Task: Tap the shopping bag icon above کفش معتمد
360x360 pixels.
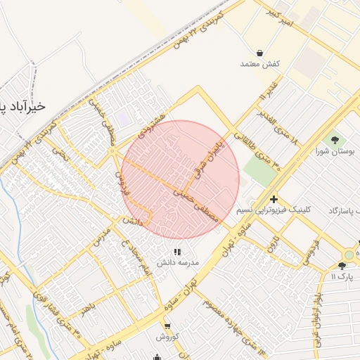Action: (259, 53)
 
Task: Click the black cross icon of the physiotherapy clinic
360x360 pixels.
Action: (274, 199)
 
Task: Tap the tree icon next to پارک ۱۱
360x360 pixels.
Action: (342, 266)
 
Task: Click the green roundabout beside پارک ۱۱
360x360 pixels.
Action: (349, 255)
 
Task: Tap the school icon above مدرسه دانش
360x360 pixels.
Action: (177, 251)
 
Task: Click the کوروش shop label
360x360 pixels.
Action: (167, 337)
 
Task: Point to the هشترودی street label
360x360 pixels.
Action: (152, 125)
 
